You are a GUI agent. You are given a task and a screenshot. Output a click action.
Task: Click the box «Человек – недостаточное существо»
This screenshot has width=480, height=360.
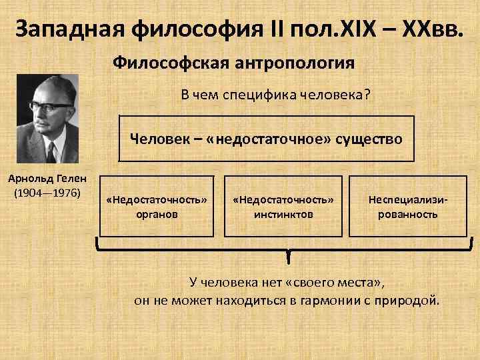266,139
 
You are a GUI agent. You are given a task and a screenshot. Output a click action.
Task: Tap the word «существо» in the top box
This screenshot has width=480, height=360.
370,139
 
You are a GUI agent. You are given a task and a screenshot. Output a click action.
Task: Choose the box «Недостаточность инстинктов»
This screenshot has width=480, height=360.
283,207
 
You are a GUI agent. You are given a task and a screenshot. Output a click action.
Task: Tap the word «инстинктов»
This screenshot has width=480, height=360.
283,215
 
